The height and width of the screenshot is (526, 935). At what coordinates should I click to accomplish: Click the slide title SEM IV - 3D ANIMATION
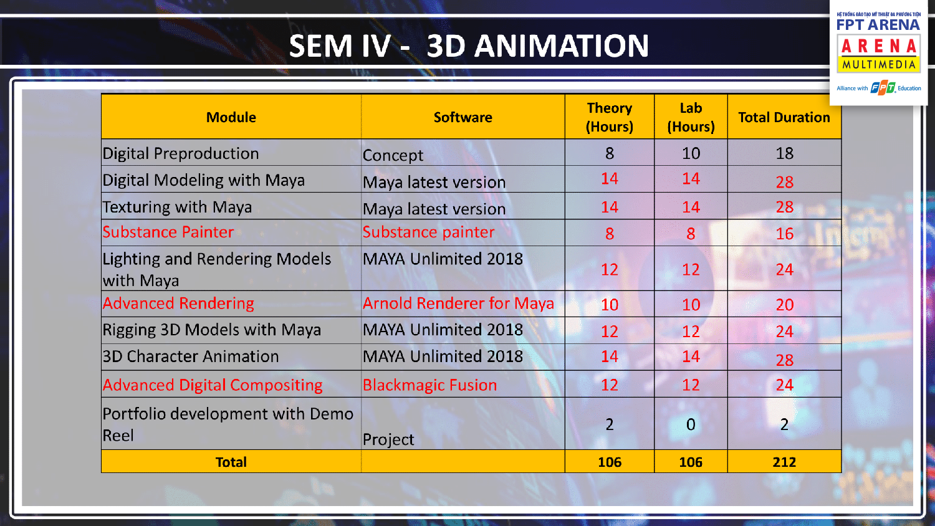469,45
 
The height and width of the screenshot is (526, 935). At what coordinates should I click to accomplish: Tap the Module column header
231,117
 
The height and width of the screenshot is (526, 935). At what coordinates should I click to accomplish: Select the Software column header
463,117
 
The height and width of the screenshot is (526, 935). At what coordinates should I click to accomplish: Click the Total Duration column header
784,117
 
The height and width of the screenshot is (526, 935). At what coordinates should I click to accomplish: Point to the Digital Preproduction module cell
181,153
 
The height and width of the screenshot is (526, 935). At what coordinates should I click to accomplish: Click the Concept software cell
393,155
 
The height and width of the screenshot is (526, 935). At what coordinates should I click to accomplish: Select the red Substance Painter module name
168,232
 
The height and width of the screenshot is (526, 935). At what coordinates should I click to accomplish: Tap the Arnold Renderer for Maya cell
458,304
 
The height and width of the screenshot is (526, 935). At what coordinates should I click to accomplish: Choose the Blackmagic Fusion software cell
429,385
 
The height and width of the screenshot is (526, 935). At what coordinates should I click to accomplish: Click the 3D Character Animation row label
190,356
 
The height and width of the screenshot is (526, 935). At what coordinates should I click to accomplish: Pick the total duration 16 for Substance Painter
784,234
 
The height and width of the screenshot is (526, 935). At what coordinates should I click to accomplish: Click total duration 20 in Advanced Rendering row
784,305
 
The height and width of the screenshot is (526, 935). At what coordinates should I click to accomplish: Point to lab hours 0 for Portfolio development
691,424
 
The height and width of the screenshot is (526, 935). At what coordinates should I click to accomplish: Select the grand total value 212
784,462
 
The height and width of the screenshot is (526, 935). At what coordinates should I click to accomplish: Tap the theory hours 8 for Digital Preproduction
610,153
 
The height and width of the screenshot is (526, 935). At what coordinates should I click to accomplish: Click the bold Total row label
231,462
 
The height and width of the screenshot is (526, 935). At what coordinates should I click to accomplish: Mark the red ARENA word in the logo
879,46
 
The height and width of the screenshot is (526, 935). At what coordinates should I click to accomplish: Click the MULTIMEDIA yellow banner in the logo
879,65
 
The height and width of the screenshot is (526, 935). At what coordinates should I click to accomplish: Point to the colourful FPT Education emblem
883,88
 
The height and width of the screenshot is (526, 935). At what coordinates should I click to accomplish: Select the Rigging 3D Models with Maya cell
212,330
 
